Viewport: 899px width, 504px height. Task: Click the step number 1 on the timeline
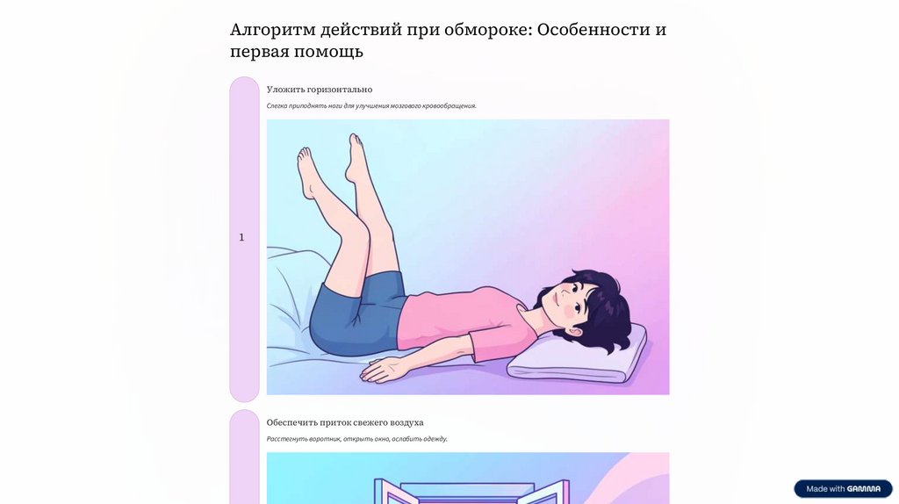(241, 237)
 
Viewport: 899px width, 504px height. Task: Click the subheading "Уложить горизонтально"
(320, 90)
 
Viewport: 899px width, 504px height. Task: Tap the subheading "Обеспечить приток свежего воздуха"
(345, 422)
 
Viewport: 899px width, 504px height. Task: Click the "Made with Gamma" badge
(844, 488)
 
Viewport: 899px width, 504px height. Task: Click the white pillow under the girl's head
(579, 356)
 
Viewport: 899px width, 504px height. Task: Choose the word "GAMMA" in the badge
(864, 489)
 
